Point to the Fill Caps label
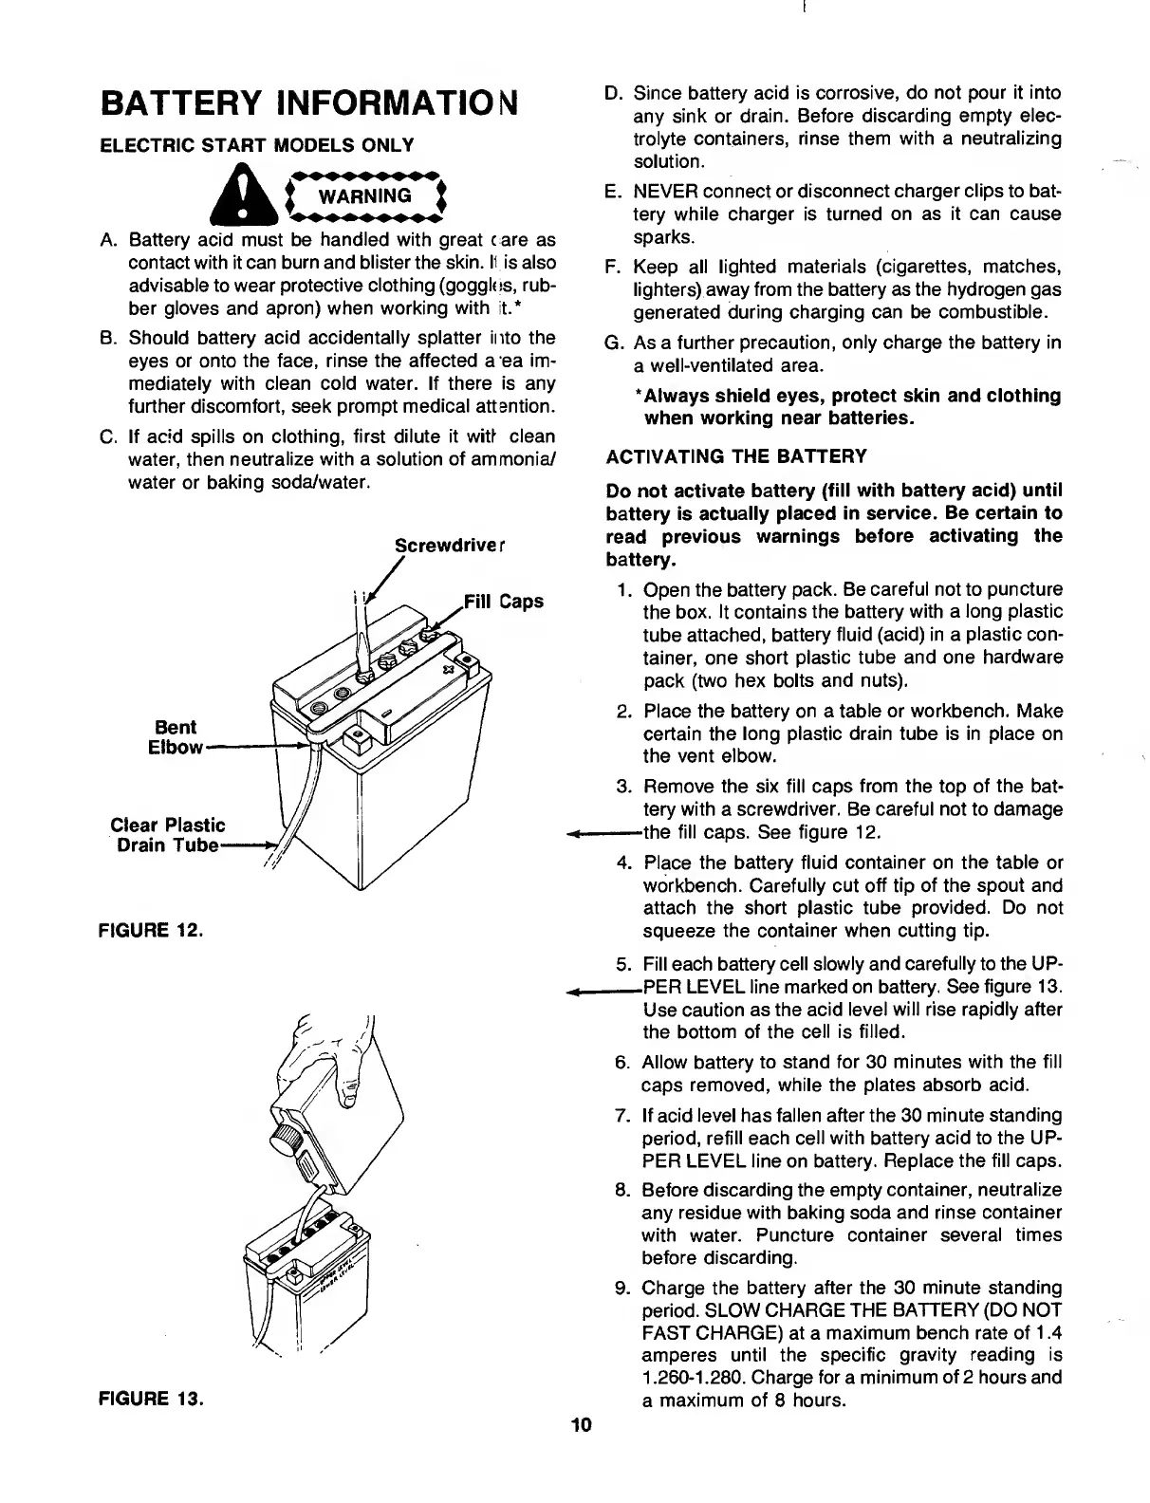(x=503, y=602)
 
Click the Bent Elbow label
(x=176, y=737)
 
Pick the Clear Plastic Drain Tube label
(x=167, y=835)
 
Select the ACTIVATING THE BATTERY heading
(x=735, y=456)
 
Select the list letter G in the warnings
(x=613, y=343)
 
